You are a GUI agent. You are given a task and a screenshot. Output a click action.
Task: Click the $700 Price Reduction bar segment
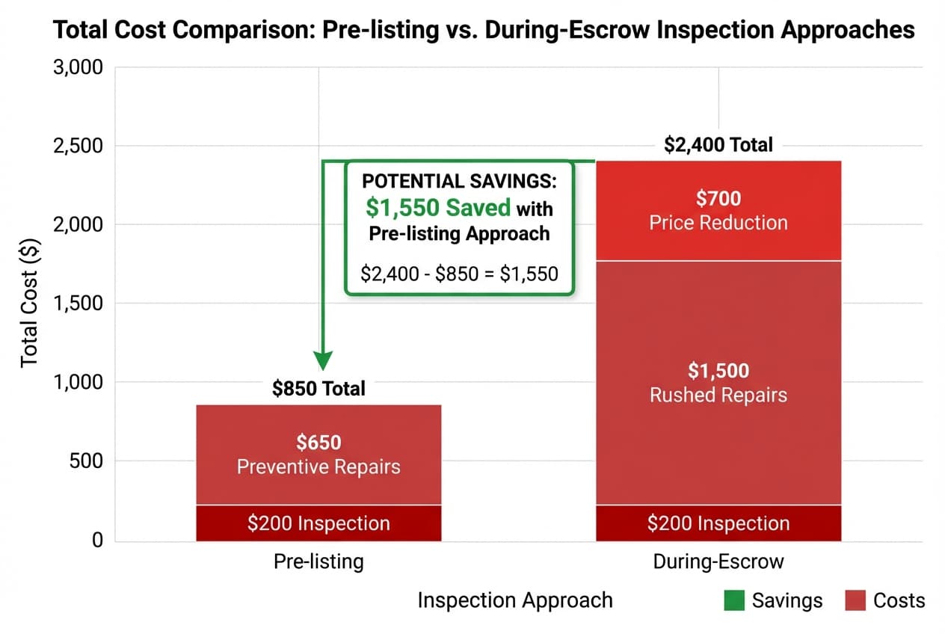(718, 211)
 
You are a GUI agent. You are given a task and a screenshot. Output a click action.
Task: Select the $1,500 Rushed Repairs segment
(718, 383)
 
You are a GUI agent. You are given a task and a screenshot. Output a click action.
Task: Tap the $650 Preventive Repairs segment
(318, 455)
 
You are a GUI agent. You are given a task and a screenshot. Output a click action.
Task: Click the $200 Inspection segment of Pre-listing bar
(318, 523)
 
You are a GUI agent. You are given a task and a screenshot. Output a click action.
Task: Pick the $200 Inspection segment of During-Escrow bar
(718, 523)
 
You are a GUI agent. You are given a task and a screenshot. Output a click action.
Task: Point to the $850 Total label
(318, 389)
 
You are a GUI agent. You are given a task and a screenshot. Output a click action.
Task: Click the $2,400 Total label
(718, 144)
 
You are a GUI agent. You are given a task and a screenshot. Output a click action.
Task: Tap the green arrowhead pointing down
(322, 361)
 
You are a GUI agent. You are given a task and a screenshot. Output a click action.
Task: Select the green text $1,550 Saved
(438, 207)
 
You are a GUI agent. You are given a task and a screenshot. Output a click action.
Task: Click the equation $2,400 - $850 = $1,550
(459, 274)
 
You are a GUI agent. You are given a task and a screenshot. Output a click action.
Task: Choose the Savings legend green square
(733, 600)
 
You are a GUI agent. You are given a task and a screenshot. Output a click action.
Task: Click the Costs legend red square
(855, 600)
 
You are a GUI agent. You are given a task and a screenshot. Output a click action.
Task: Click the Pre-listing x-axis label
(318, 561)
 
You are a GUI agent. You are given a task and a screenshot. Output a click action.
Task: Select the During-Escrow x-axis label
(718, 561)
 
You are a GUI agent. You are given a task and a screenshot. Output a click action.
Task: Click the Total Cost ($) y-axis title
(29, 304)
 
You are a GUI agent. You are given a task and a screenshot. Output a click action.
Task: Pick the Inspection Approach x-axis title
(515, 600)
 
